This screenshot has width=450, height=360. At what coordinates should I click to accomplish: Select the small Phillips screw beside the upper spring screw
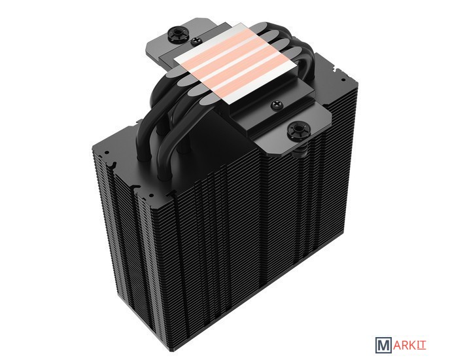(x=196, y=41)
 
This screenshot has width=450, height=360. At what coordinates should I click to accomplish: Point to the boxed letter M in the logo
(x=383, y=345)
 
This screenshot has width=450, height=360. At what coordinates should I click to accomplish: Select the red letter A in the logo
(x=396, y=345)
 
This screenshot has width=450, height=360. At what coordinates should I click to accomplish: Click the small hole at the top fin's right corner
(x=342, y=79)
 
